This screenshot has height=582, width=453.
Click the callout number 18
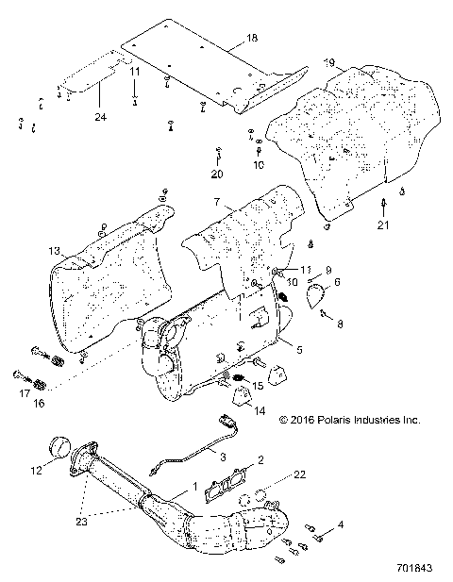(250, 38)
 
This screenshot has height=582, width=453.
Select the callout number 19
(329, 62)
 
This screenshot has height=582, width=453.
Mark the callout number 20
(216, 174)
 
